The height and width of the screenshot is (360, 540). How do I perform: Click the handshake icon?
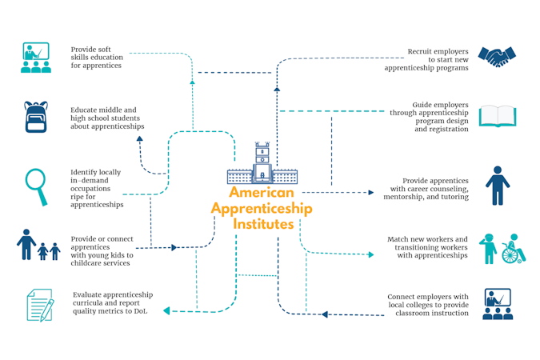497,56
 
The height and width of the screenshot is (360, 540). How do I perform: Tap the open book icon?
497,117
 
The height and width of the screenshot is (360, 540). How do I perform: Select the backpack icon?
36,117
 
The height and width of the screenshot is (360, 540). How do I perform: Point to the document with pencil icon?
38,305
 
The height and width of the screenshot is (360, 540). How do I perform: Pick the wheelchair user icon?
509,250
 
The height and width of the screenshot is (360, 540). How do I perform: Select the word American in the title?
262,193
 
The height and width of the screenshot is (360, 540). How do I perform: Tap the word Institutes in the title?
263,225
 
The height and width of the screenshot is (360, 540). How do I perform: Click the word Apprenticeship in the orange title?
262,209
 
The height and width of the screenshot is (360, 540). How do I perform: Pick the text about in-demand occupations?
98,189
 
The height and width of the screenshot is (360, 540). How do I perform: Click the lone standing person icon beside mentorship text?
497,186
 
